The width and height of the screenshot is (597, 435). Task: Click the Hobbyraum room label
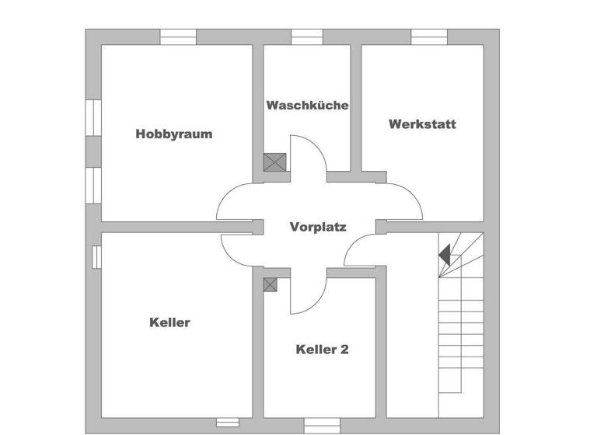point(173,134)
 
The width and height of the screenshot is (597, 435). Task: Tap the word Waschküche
point(307,105)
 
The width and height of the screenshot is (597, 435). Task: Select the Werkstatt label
point(422,124)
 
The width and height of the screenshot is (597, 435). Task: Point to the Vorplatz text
point(318,227)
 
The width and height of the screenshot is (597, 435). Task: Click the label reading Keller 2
point(322,350)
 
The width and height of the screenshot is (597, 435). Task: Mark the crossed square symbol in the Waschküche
point(274,162)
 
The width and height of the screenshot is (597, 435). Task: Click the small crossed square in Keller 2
point(271,284)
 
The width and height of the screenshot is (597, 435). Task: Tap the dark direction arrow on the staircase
point(445,254)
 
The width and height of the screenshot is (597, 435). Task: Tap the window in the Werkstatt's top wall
point(429,37)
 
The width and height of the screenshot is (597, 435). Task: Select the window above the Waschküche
point(307,37)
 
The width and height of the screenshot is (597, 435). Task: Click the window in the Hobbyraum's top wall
point(178,37)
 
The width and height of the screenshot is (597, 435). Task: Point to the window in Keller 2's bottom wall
point(321,426)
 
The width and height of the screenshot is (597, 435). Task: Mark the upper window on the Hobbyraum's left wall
point(93,118)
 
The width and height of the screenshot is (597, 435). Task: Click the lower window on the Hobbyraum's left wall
point(93,186)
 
